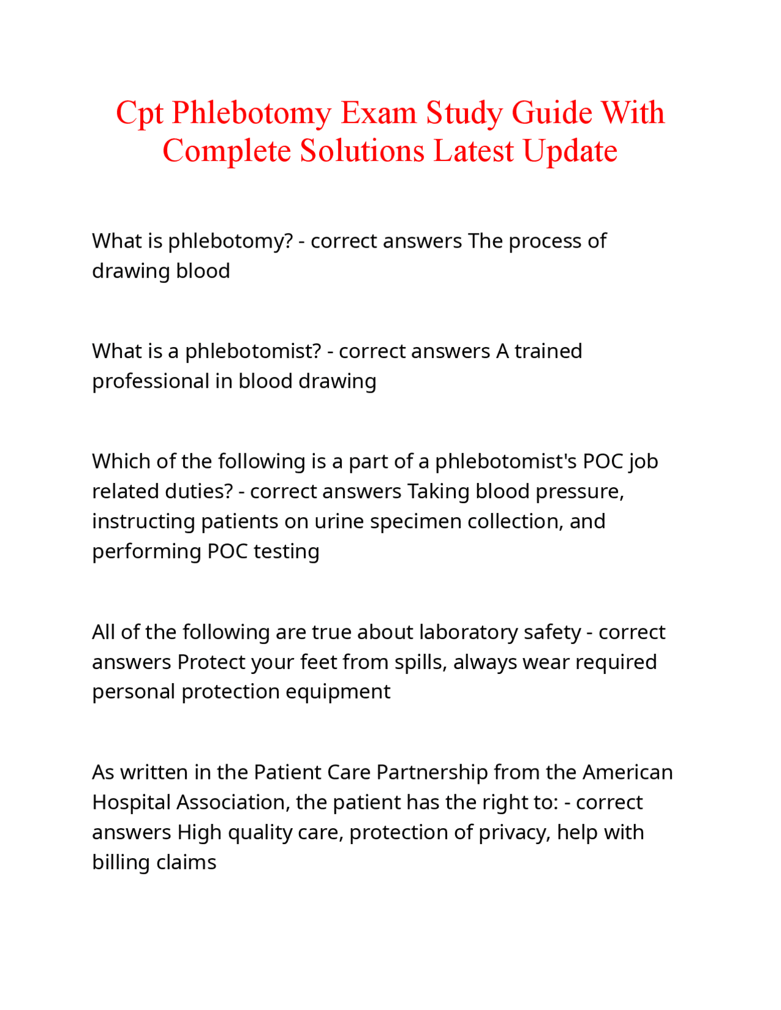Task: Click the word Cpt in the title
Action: (139, 113)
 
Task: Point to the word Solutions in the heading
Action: (362, 151)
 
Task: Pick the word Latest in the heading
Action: (473, 151)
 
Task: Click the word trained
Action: (548, 351)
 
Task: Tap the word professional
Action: (150, 382)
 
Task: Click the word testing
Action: (286, 551)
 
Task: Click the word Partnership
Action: (432, 773)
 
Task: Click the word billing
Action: (121, 862)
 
